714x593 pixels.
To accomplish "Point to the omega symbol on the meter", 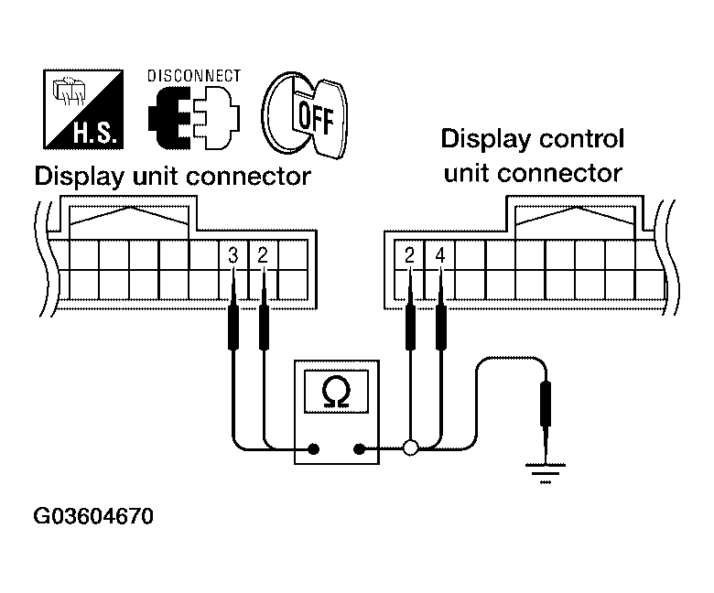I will (x=336, y=392).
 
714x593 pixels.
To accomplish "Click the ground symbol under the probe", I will (x=546, y=472).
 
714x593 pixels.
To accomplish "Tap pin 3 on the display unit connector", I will (x=233, y=256).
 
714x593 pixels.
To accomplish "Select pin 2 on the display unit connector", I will (x=264, y=256).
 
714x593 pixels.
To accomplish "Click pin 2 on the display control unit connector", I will (x=410, y=256).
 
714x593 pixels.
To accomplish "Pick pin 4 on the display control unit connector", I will (x=440, y=256).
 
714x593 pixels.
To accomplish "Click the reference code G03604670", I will (x=93, y=517).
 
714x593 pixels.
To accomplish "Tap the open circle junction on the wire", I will (x=410, y=448).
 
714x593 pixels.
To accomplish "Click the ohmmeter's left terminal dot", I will (x=314, y=449).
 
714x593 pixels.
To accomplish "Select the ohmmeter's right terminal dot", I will (x=359, y=449).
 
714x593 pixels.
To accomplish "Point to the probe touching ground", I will (x=546, y=407).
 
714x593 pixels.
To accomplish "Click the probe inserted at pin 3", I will (x=233, y=325).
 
